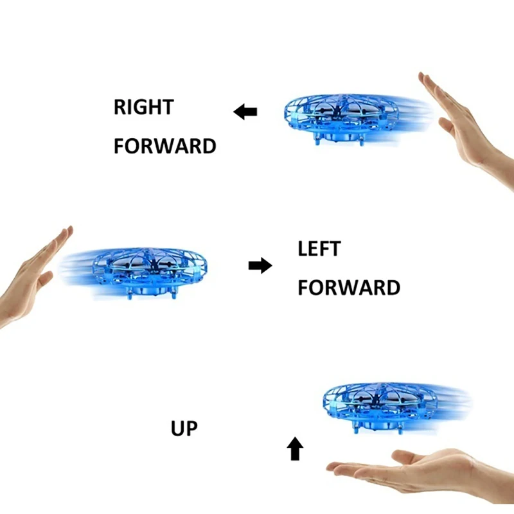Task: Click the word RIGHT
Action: pyautogui.click(x=143, y=107)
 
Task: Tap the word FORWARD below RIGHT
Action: pyautogui.click(x=165, y=146)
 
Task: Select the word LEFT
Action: pyautogui.click(x=319, y=249)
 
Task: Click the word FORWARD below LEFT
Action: pyautogui.click(x=349, y=287)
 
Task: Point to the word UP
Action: pyautogui.click(x=184, y=428)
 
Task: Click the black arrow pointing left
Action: pyautogui.click(x=245, y=112)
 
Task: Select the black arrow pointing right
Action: pyautogui.click(x=260, y=265)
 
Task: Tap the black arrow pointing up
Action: pyautogui.click(x=295, y=448)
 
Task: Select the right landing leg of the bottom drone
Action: pyautogui.click(x=400, y=429)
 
